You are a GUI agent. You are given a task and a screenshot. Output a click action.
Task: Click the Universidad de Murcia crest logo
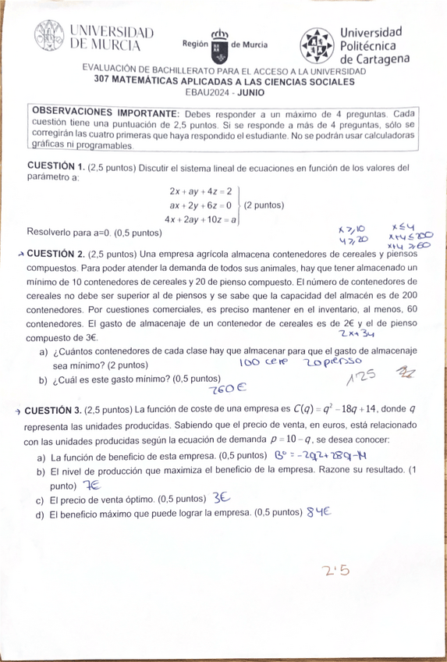tap(51, 37)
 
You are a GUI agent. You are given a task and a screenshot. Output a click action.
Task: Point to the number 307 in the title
tap(105, 80)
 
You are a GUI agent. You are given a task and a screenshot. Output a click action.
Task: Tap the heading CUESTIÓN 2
tap(53, 254)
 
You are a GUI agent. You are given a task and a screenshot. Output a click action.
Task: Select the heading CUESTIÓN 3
tap(53, 409)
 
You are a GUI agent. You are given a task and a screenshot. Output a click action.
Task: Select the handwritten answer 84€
tap(320, 512)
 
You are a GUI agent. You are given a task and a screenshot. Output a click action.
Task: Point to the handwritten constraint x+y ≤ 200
tap(410, 235)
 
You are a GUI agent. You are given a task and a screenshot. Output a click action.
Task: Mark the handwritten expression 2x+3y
tap(357, 333)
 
